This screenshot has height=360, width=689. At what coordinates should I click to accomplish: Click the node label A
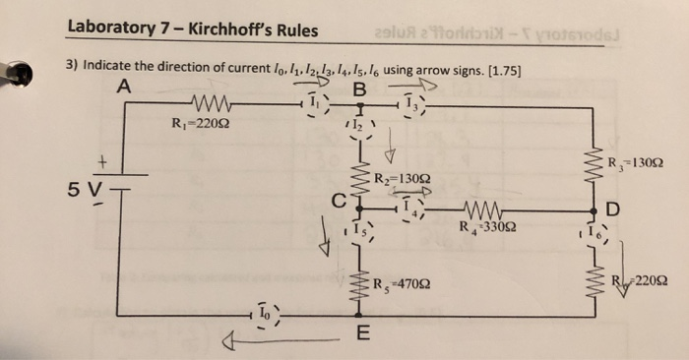pyautogui.click(x=122, y=86)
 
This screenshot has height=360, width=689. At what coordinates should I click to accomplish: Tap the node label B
pyautogui.click(x=359, y=90)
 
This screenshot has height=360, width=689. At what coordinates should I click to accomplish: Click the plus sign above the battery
pyautogui.click(x=98, y=157)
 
